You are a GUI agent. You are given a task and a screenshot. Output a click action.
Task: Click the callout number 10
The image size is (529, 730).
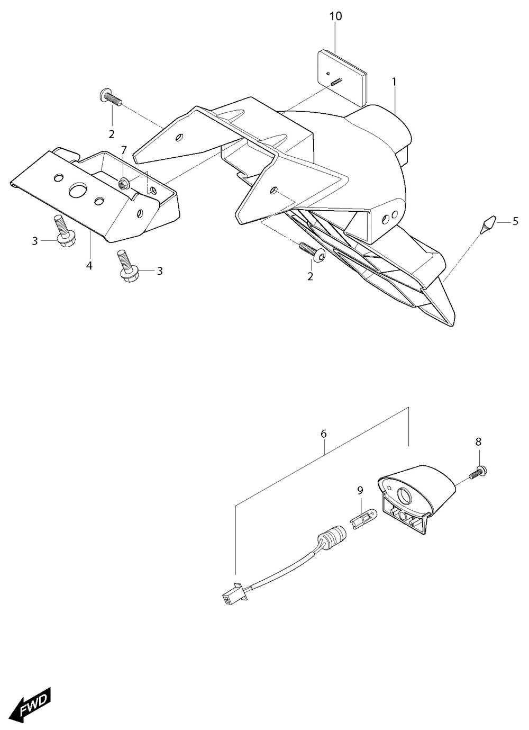click(336, 16)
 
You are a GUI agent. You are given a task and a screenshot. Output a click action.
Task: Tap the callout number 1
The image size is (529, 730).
click(395, 82)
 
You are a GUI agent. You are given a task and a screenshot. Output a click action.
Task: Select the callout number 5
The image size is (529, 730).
click(515, 222)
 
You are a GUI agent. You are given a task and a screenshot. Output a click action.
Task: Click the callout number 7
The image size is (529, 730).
click(123, 150)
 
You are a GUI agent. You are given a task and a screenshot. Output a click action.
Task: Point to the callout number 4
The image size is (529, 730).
click(89, 266)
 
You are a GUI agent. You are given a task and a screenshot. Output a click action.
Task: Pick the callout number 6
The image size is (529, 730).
click(323, 434)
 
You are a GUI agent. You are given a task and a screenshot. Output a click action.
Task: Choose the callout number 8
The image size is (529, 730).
click(478, 442)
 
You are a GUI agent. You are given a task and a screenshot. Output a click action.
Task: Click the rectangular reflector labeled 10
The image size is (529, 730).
click(342, 78)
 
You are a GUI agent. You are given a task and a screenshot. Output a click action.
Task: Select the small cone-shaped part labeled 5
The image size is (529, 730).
click(488, 224)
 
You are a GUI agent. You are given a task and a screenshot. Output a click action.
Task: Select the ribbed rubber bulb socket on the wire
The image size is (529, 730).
click(332, 535)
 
